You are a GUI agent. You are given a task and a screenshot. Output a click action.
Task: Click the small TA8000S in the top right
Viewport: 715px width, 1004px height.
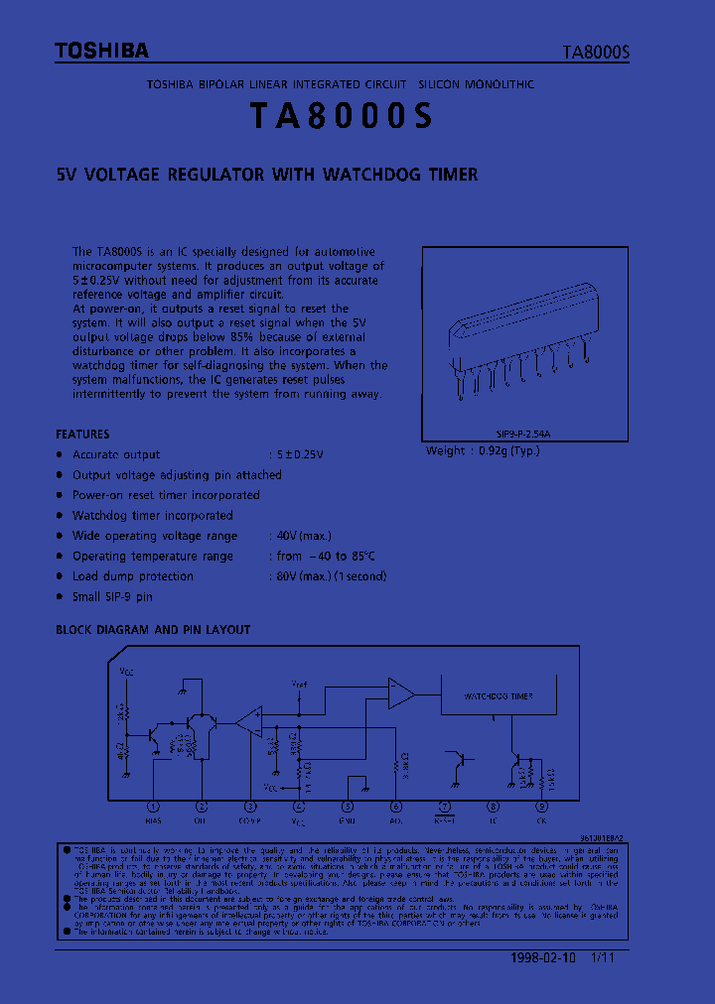click(597, 54)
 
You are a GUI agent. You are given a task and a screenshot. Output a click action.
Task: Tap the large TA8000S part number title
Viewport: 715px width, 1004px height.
click(342, 117)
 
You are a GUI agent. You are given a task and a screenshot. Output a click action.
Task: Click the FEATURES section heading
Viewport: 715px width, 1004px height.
click(82, 435)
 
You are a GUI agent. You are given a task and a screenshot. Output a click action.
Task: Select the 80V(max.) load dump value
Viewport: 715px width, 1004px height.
click(301, 576)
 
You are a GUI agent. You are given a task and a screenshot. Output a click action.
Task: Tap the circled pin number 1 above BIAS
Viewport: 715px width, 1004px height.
click(153, 808)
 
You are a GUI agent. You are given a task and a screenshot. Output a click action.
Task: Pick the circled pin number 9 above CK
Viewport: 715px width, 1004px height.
click(541, 808)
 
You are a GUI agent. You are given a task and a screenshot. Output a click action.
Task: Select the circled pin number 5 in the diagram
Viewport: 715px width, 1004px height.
click(348, 808)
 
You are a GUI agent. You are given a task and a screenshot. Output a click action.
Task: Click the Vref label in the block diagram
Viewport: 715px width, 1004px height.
click(299, 685)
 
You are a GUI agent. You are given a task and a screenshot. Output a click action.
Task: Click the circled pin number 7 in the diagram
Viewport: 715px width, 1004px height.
click(444, 808)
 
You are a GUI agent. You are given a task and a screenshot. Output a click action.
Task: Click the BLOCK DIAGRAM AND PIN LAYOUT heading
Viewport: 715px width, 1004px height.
click(153, 630)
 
